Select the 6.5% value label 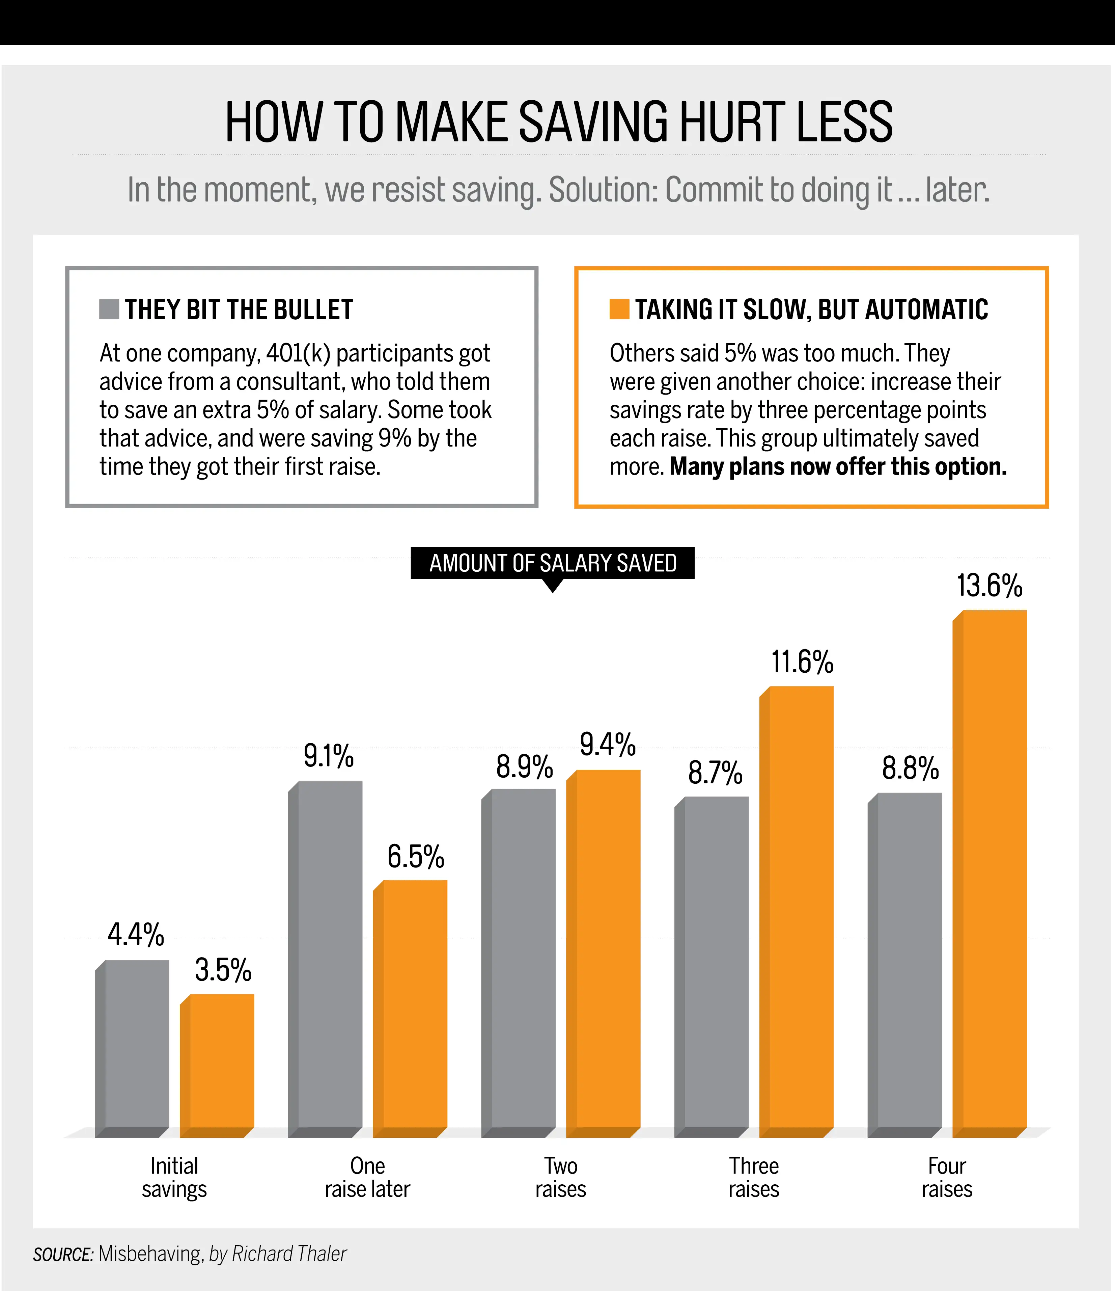pyautogui.click(x=416, y=857)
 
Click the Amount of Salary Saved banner pyautogui.click(x=553, y=563)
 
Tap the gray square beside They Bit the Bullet pyautogui.click(x=109, y=309)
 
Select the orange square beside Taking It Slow pyautogui.click(x=619, y=309)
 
